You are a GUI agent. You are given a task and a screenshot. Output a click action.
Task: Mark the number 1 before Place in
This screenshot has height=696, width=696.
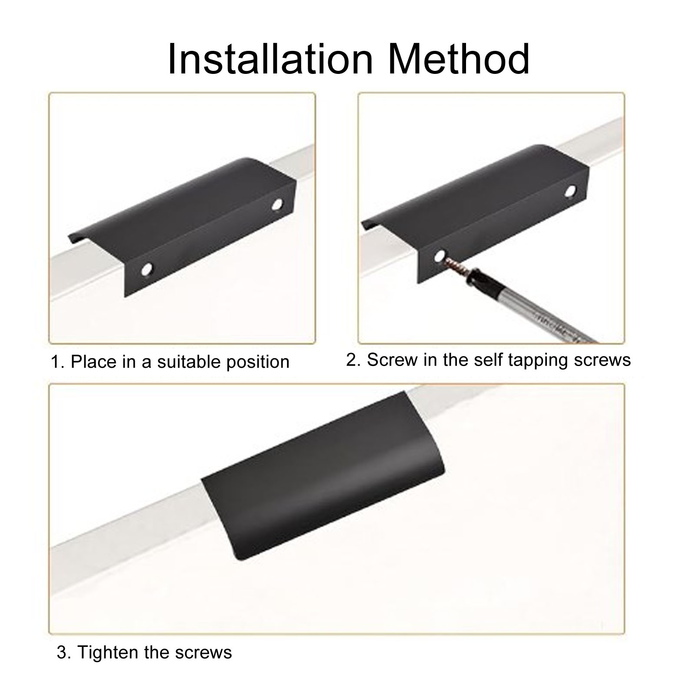tap(56, 362)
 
